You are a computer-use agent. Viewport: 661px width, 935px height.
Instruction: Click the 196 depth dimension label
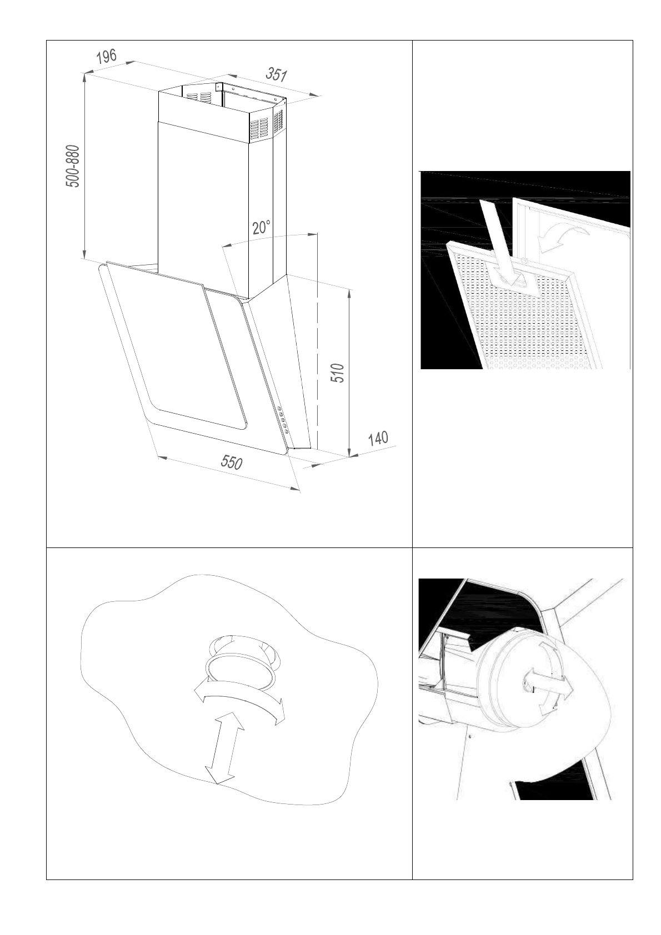106,57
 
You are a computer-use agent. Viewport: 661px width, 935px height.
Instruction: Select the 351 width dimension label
276,74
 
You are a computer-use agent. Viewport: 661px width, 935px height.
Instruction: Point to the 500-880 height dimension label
74,166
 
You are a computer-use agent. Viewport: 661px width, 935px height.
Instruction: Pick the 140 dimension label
378,439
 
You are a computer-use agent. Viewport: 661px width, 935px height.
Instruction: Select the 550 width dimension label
231,462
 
